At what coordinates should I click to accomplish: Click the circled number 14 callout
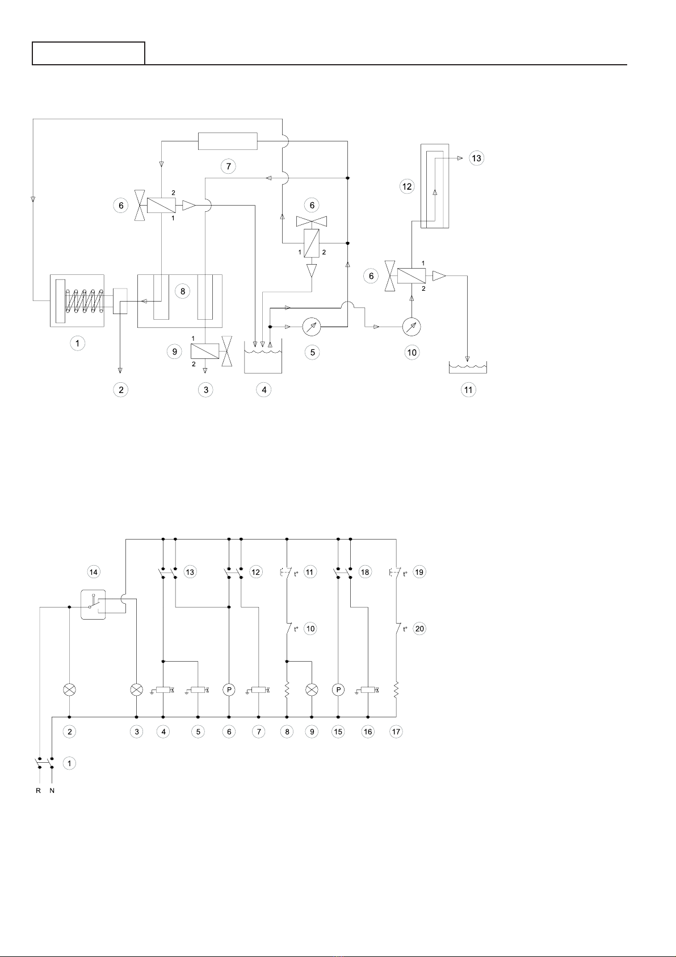(x=94, y=572)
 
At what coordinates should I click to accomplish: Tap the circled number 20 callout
(x=419, y=629)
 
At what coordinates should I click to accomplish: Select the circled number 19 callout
(x=419, y=572)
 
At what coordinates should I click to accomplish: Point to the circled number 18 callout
(x=365, y=572)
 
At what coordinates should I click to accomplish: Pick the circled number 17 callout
(x=396, y=732)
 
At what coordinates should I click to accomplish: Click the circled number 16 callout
(x=368, y=732)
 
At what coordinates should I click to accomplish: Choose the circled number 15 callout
(x=338, y=732)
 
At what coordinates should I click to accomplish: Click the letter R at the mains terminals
(x=39, y=791)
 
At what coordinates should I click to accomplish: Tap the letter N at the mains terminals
(x=52, y=791)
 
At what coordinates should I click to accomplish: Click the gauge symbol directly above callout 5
(x=312, y=327)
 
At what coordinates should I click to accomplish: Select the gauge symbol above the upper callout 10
(x=412, y=327)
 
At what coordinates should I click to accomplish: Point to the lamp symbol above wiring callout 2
(x=69, y=690)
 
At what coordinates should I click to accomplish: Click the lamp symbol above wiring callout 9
(x=312, y=690)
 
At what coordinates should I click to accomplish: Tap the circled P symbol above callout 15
(x=338, y=690)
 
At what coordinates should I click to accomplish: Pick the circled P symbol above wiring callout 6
(x=229, y=690)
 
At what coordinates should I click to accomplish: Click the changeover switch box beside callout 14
(x=94, y=605)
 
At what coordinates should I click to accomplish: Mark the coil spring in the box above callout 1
(x=82, y=301)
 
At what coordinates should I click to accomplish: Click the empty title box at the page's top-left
(x=89, y=53)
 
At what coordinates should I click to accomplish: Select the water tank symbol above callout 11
(x=468, y=368)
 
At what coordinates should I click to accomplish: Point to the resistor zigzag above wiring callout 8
(x=287, y=689)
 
